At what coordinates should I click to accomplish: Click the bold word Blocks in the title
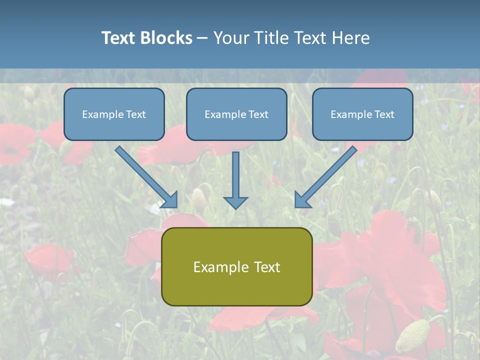(x=166, y=38)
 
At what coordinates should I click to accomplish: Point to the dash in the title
(x=202, y=38)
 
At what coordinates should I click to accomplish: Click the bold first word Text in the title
(x=119, y=38)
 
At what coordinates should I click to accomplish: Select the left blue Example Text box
(x=114, y=114)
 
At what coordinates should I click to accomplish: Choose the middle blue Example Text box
(x=236, y=114)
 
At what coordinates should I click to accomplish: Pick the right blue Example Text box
(x=362, y=114)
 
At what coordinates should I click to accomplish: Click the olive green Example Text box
(x=236, y=266)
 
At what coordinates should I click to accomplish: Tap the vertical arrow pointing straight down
(x=235, y=180)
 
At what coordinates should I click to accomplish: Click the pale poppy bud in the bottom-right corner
(x=412, y=335)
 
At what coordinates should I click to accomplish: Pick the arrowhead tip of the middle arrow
(x=235, y=208)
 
